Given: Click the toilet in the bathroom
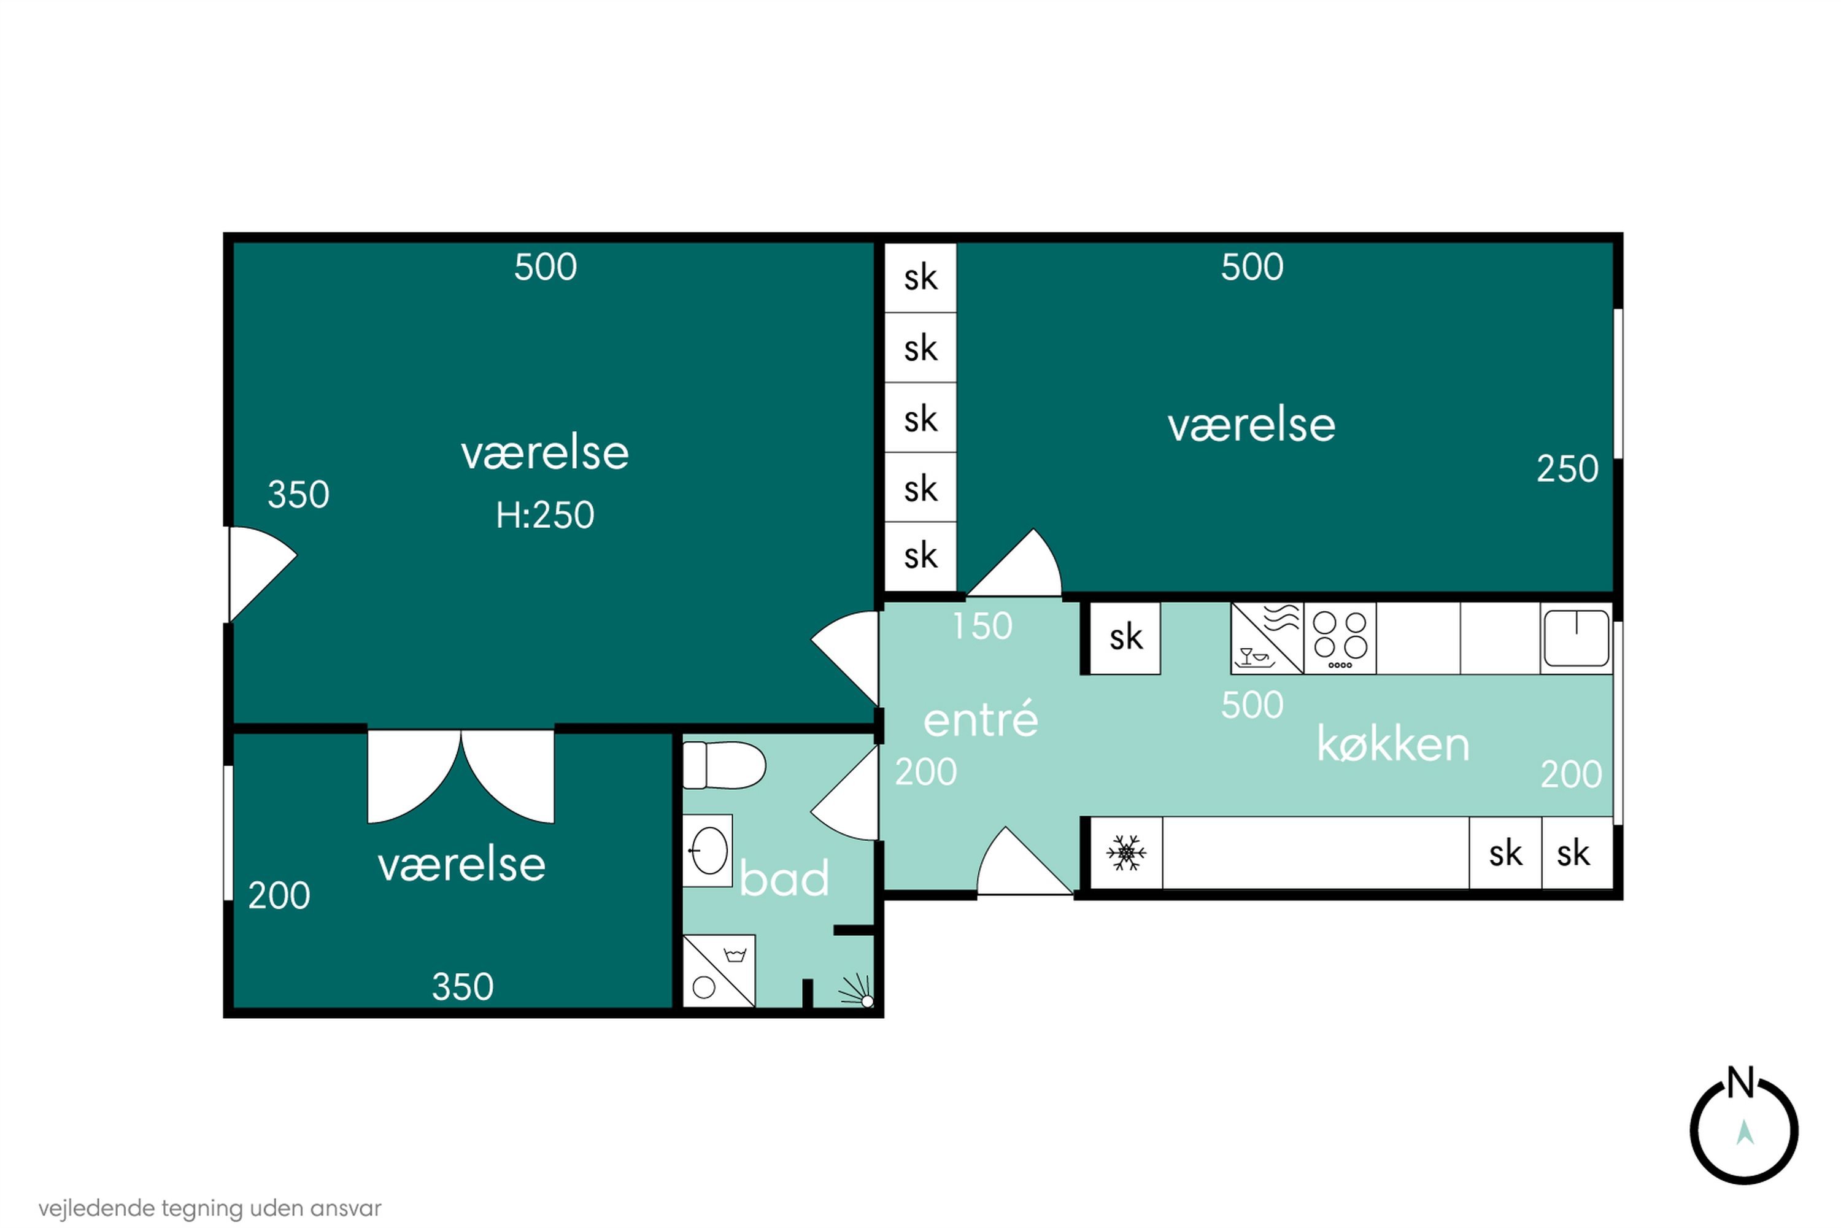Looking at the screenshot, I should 722,765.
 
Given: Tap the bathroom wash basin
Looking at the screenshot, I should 708,851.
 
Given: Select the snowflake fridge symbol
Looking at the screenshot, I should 1126,853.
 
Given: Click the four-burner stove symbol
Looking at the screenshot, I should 1339,638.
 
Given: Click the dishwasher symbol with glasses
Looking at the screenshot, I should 1265,638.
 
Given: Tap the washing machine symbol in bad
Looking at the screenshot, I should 718,970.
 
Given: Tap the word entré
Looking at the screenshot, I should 981,720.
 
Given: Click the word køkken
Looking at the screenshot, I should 1393,744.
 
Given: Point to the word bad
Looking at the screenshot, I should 784,879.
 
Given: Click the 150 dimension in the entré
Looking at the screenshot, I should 982,626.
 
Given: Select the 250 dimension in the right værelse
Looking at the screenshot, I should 1567,469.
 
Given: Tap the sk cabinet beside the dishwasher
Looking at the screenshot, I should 1125,638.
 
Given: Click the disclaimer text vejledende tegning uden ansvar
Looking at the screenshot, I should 210,1208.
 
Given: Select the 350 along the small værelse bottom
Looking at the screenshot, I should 463,987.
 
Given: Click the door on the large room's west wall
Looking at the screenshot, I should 258,573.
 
